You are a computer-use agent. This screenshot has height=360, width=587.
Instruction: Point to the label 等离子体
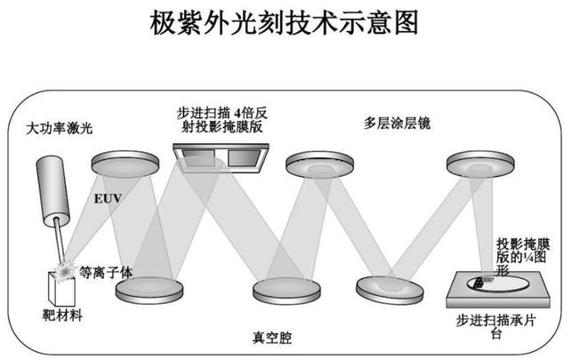(105, 272)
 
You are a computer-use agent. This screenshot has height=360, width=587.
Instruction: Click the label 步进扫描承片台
(499, 325)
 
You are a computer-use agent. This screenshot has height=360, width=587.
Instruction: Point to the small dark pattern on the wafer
(477, 283)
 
